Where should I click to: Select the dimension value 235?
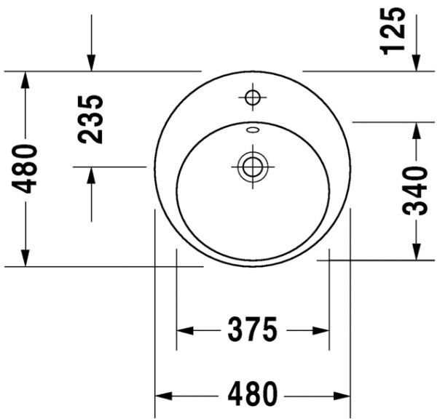point(91,119)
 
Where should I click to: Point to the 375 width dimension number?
point(252,330)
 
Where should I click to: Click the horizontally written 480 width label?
point(252,394)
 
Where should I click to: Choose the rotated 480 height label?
point(26,169)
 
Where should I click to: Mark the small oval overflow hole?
point(252,131)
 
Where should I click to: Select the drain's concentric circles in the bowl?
point(252,167)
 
